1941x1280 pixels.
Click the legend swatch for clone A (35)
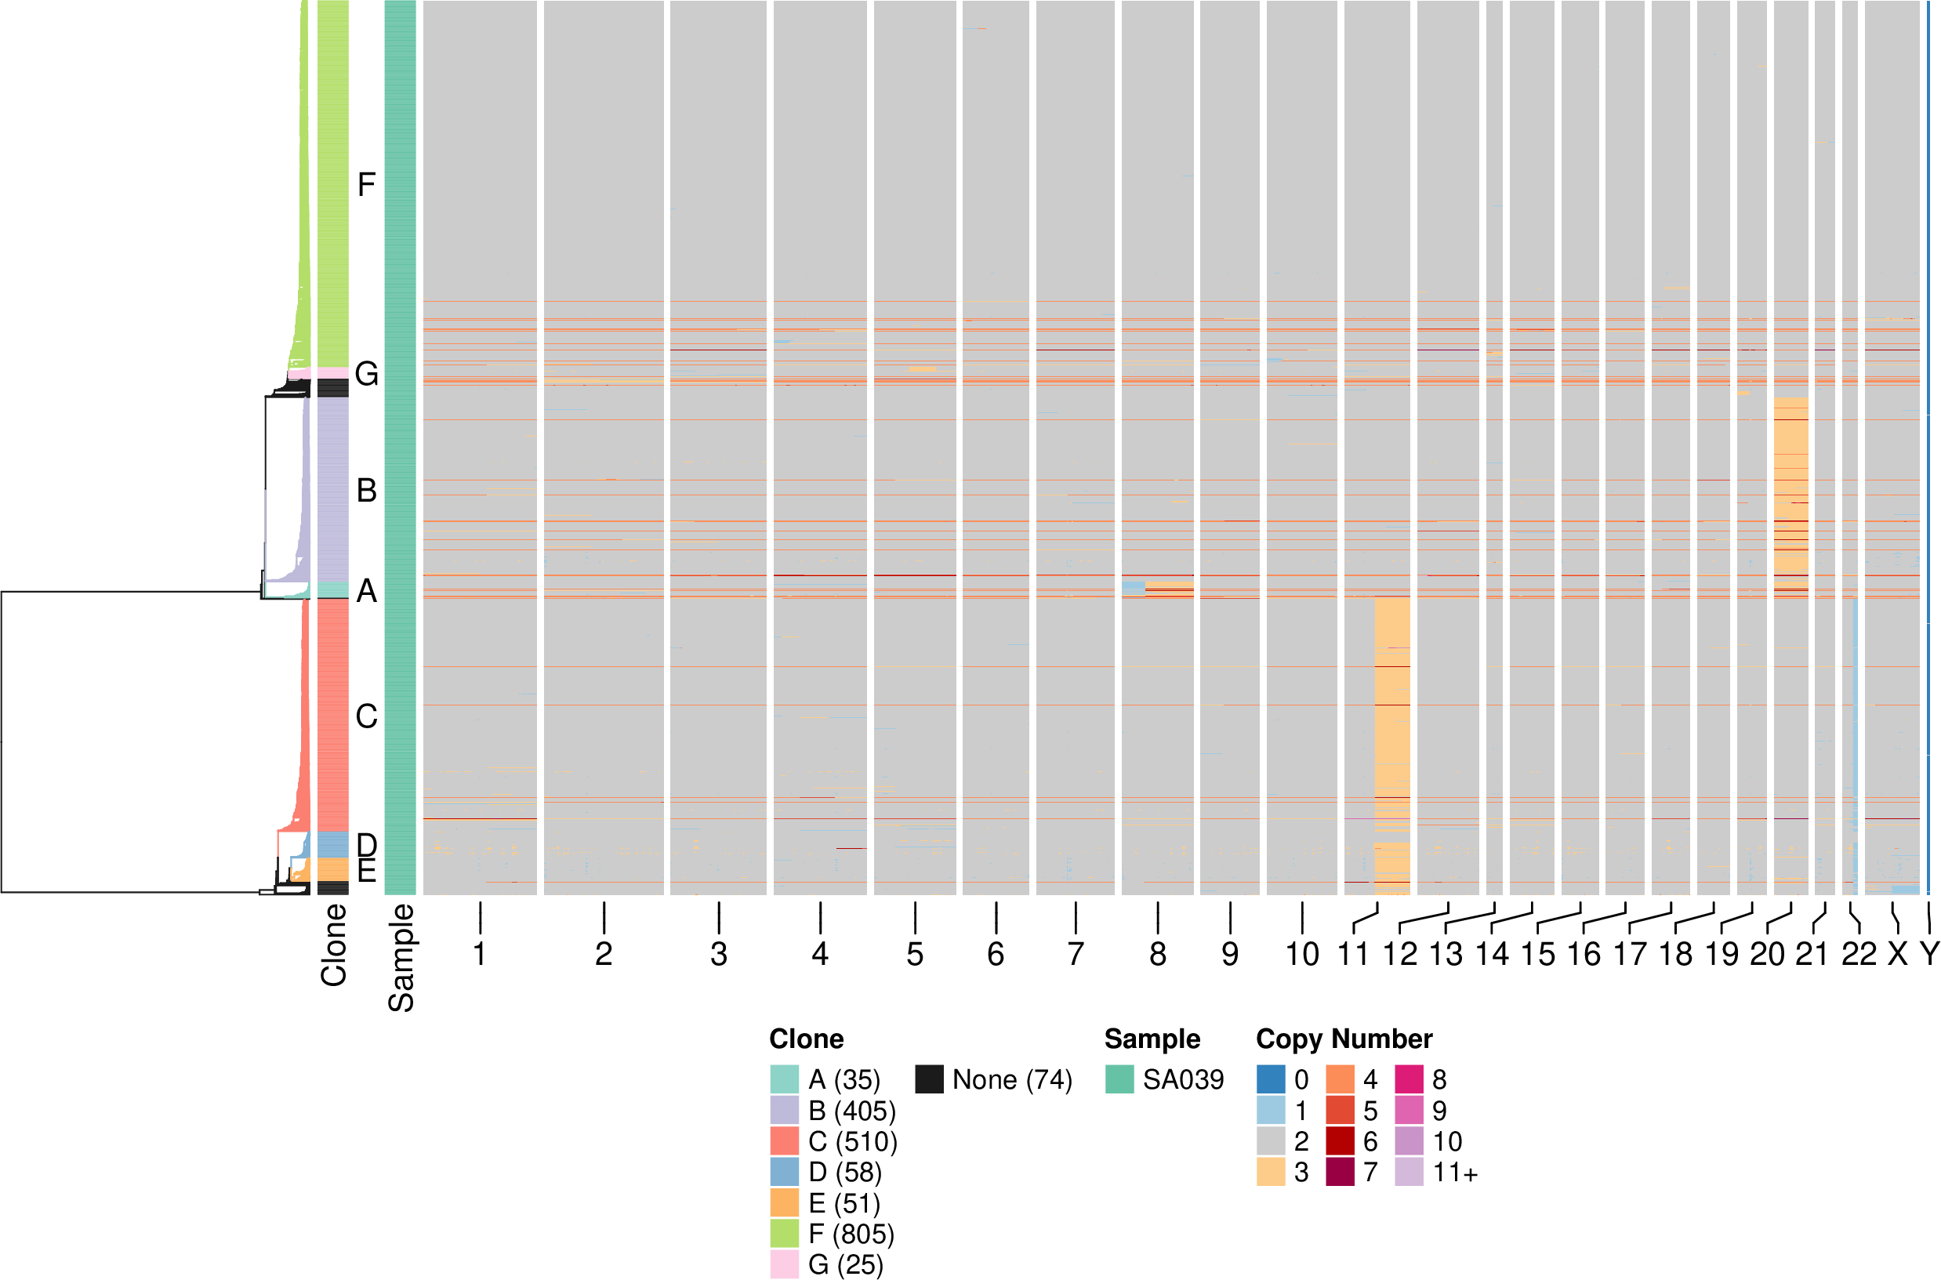(784, 1079)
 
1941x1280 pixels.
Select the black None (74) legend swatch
(929, 1079)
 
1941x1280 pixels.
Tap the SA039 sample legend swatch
(1119, 1079)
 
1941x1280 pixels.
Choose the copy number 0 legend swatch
(1270, 1079)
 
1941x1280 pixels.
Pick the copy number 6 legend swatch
(1340, 1141)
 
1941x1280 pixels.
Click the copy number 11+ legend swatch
(1409, 1173)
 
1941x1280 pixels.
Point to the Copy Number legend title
(1344, 1039)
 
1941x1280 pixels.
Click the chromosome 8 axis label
(1157, 953)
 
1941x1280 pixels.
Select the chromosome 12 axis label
(1400, 953)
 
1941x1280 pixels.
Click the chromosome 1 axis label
(480, 953)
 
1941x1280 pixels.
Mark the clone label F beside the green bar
(367, 184)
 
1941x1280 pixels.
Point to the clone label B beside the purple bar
(367, 491)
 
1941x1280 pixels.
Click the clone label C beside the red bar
(367, 716)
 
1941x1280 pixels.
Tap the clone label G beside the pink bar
(367, 374)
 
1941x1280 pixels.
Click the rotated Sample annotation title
(401, 958)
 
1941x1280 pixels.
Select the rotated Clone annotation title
(334, 945)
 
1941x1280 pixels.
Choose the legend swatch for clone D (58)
(784, 1173)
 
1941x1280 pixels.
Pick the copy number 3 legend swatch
(1270, 1173)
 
